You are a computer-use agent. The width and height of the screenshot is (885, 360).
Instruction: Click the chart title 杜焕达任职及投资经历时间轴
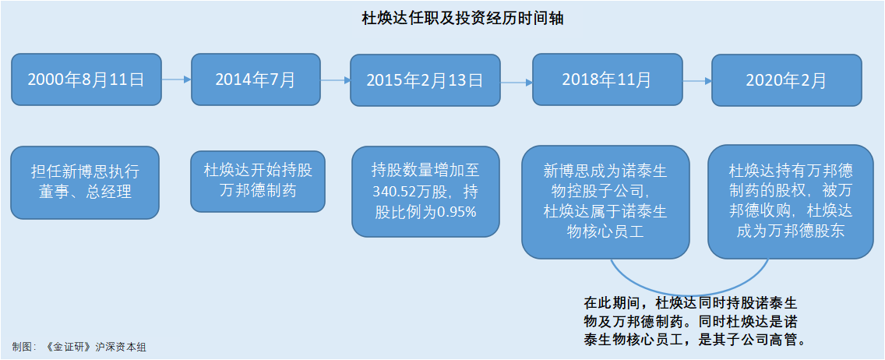[463, 19]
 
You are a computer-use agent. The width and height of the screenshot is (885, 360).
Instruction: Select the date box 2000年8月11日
[86, 79]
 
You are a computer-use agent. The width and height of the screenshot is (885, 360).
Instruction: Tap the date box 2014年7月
[256, 79]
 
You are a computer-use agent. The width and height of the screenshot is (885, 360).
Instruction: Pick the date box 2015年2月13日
[425, 80]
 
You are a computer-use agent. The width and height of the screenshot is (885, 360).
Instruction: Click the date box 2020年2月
[786, 80]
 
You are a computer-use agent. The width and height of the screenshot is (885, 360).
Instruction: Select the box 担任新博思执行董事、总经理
[85, 182]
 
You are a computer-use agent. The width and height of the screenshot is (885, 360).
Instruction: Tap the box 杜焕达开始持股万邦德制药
[258, 181]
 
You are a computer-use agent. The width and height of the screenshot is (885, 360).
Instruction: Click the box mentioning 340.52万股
[425, 191]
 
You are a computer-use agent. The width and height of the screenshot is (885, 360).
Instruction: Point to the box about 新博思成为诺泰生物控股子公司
[605, 202]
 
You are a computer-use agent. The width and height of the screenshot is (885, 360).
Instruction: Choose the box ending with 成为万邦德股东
[790, 202]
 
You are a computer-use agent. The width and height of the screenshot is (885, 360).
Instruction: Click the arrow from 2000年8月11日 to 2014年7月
[177, 79]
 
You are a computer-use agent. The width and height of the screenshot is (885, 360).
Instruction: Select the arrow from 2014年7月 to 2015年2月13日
[335, 81]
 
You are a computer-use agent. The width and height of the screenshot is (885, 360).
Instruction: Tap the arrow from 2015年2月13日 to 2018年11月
[517, 83]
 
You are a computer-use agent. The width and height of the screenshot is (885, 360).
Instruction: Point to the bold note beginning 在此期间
[693, 320]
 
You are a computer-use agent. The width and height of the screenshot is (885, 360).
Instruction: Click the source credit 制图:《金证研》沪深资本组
[79, 347]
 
